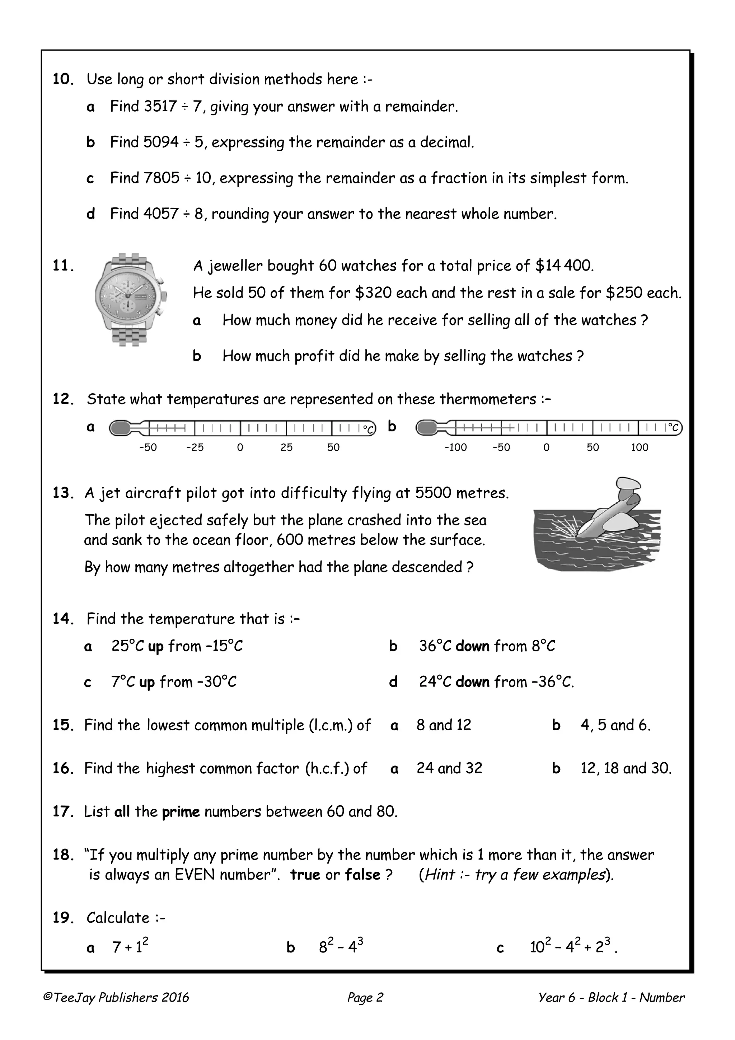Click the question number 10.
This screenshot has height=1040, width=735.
(63, 79)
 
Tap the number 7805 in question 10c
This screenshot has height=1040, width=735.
(161, 178)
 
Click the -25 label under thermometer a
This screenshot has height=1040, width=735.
(195, 448)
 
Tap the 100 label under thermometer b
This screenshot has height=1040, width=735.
(640, 448)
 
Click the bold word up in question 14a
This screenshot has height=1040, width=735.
(155, 646)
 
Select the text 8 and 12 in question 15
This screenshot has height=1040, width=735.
(444, 725)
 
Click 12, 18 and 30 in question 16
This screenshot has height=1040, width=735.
(626, 768)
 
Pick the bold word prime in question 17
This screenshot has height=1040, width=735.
(181, 811)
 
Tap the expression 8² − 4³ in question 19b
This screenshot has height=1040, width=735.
(341, 947)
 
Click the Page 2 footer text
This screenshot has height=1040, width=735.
(365, 997)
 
